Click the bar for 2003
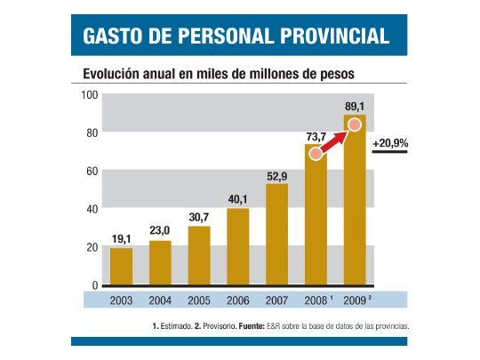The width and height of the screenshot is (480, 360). [121, 267]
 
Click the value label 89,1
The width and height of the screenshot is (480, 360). [355, 106]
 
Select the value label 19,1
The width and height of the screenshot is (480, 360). [121, 239]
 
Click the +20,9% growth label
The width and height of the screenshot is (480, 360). [390, 143]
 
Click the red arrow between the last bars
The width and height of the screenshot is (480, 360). [335, 140]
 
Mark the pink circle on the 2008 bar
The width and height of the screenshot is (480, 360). [315, 154]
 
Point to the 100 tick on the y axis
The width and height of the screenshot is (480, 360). [89, 96]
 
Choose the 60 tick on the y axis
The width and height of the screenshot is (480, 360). [91, 172]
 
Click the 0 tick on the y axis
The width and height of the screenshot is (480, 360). [94, 285]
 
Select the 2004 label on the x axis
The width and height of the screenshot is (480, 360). [160, 300]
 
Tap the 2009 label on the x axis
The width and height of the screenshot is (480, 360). [355, 300]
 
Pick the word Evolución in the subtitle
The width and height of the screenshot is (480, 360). [111, 75]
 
